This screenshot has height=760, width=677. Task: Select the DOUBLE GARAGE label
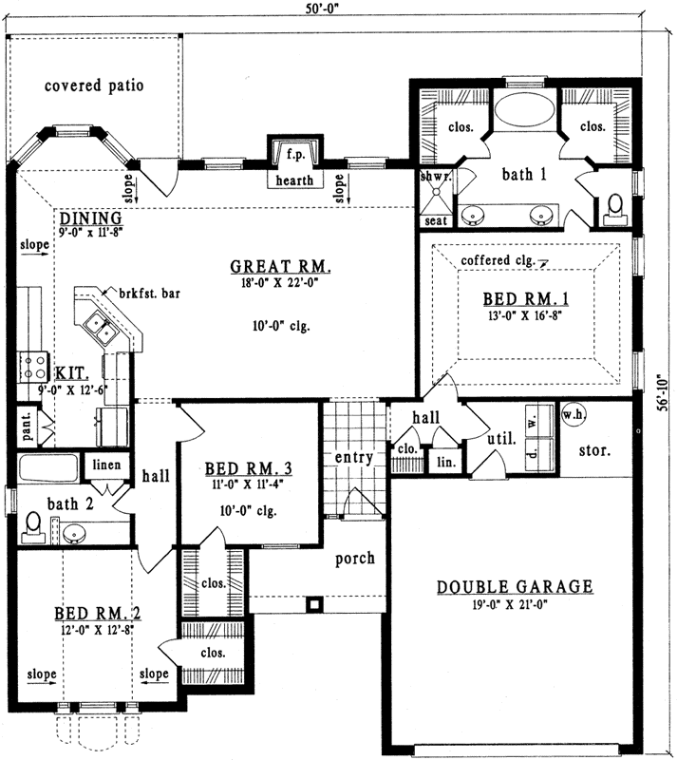pyautogui.click(x=515, y=586)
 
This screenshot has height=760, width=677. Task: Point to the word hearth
pyautogui.click(x=294, y=180)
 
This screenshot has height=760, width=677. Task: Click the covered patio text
pyautogui.click(x=94, y=85)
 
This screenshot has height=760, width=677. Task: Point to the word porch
pyautogui.click(x=355, y=558)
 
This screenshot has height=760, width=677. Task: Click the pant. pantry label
pyautogui.click(x=27, y=424)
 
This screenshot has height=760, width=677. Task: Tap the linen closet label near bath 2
pyautogui.click(x=106, y=465)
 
